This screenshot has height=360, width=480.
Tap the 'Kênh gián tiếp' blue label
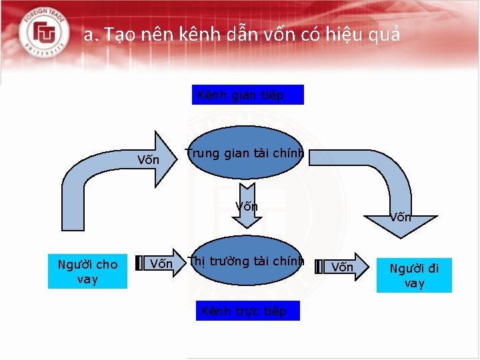coord(248,95)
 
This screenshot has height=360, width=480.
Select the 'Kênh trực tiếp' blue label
coord(248,311)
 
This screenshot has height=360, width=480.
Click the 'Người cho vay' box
coord(87,272)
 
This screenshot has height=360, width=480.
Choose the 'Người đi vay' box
coord(414,275)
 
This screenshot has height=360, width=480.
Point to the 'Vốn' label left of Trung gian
coord(148,160)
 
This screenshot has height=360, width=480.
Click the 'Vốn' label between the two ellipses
coord(247,207)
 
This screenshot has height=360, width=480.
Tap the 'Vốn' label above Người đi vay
coord(401,217)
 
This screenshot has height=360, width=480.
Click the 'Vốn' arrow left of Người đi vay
coord(343,267)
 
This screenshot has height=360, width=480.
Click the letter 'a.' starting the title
coord(90,35)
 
